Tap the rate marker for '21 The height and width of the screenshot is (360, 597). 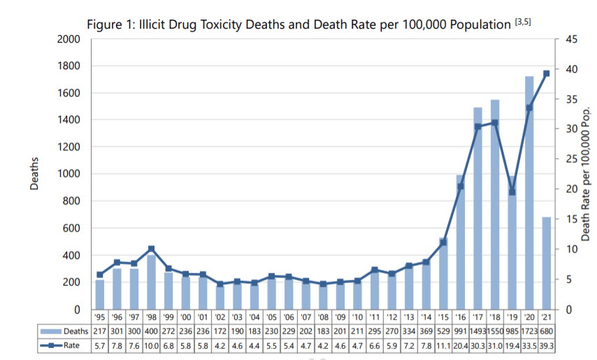click(547, 73)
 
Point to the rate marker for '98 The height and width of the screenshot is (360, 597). click(151, 249)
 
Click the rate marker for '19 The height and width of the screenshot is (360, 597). click(512, 192)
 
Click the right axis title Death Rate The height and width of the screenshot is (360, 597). click(586, 175)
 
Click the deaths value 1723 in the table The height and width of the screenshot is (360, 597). click(529, 331)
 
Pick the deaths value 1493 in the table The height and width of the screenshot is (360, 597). click(478, 331)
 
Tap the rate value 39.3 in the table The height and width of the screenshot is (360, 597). click(547, 345)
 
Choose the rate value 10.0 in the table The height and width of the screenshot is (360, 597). click(151, 345)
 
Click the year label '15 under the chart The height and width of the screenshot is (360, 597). click(443, 317)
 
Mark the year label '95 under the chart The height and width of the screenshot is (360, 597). click(100, 317)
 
